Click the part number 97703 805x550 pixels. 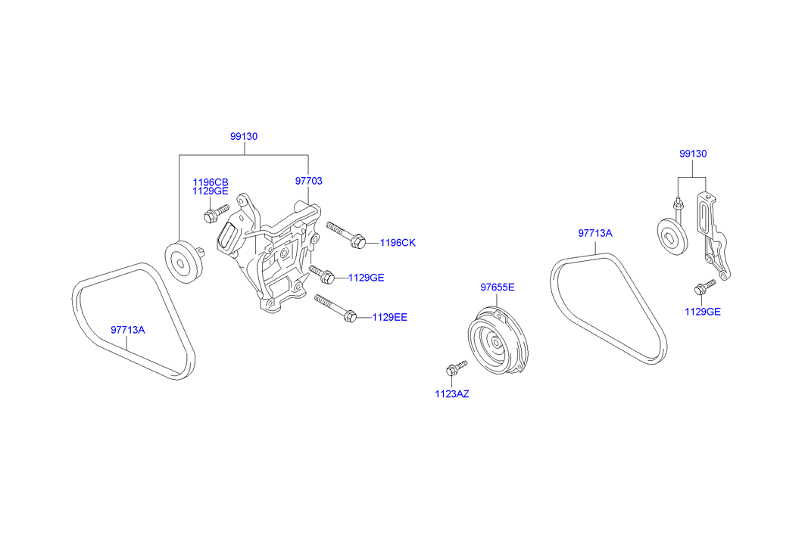click(x=309, y=181)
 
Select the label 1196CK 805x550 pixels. click(x=398, y=243)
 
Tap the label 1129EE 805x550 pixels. click(x=389, y=317)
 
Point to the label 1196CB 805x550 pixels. click(x=211, y=182)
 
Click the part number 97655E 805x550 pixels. click(x=498, y=287)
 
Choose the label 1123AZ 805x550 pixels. click(x=451, y=393)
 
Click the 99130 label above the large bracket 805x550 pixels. click(x=245, y=137)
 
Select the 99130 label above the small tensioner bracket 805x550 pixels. click(x=692, y=154)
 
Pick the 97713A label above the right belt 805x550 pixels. click(x=594, y=234)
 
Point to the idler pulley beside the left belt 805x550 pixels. click(x=183, y=261)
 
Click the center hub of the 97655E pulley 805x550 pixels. click(x=496, y=342)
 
